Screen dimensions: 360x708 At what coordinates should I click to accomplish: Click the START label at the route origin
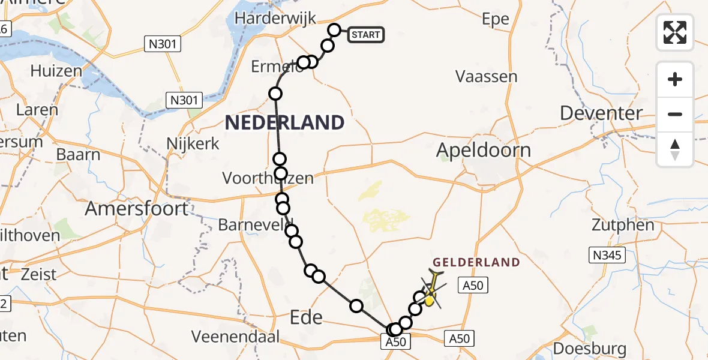366,35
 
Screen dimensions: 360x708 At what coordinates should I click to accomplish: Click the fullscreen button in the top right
675,32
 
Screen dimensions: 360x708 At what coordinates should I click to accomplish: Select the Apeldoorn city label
484,149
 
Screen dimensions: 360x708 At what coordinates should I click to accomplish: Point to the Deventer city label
601,113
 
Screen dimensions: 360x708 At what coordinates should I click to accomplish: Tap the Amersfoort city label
136,208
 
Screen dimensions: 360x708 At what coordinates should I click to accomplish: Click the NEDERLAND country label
284,123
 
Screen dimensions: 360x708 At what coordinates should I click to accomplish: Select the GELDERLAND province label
476,262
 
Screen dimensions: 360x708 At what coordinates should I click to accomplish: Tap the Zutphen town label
623,226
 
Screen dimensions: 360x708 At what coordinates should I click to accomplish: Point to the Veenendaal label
235,337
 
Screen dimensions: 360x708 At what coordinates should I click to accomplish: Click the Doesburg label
590,349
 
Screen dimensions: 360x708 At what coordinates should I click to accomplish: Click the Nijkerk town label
193,144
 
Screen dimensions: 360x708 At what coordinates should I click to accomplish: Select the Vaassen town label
487,76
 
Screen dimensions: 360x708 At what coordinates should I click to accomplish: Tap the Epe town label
496,19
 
